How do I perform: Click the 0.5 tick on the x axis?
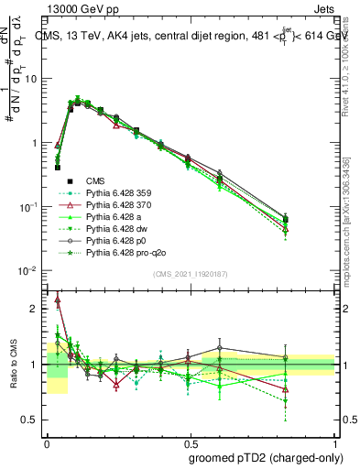point(191,442)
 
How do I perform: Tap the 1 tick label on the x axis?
point(335,442)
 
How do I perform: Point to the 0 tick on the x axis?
point(47,442)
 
